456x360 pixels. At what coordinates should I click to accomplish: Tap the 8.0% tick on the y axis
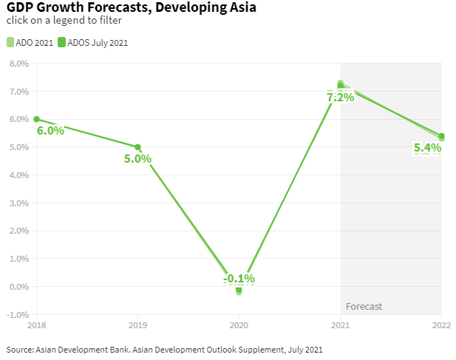click(x=18, y=64)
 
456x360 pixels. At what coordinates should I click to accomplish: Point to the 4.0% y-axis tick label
click(x=18, y=175)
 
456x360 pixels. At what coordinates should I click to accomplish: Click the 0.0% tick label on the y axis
click(x=18, y=287)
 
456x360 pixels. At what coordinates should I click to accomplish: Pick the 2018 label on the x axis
click(x=37, y=325)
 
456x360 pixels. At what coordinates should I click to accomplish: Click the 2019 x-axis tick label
click(x=138, y=325)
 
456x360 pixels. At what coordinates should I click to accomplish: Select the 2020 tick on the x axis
click(x=239, y=325)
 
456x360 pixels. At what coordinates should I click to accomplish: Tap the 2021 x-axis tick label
click(x=340, y=325)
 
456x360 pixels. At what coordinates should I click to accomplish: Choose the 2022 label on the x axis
click(x=441, y=325)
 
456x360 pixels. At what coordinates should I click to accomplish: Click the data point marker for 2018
click(x=36, y=119)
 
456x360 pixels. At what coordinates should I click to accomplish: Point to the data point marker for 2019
click(x=137, y=147)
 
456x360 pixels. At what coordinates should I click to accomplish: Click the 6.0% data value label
click(x=50, y=131)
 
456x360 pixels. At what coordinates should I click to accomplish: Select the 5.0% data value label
click(x=137, y=158)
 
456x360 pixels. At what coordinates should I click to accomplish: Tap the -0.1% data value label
click(x=239, y=279)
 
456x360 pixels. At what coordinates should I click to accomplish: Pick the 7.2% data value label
click(x=340, y=97)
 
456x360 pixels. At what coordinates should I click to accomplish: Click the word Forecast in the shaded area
click(x=364, y=306)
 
